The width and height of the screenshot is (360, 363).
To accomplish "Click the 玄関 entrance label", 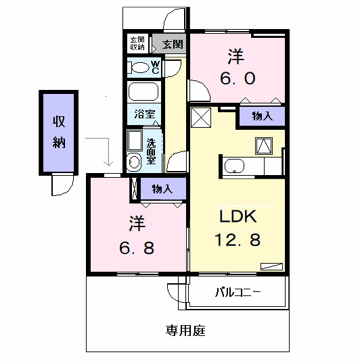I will point(173,45).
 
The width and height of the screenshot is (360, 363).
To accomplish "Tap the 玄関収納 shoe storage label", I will point(137,44).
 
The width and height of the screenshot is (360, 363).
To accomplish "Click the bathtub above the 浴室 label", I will point(142,92).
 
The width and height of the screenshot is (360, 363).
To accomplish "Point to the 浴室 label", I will point(143,115).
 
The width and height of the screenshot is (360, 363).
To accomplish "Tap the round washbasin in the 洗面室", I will point(133,161).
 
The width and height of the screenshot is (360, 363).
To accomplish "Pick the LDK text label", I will point(236,216).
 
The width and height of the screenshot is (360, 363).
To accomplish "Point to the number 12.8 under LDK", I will point(237,239).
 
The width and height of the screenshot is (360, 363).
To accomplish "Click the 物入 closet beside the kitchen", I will point(262,116).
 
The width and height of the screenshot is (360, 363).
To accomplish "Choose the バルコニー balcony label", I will point(239,293).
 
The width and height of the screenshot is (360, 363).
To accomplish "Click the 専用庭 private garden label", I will point(185,331).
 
